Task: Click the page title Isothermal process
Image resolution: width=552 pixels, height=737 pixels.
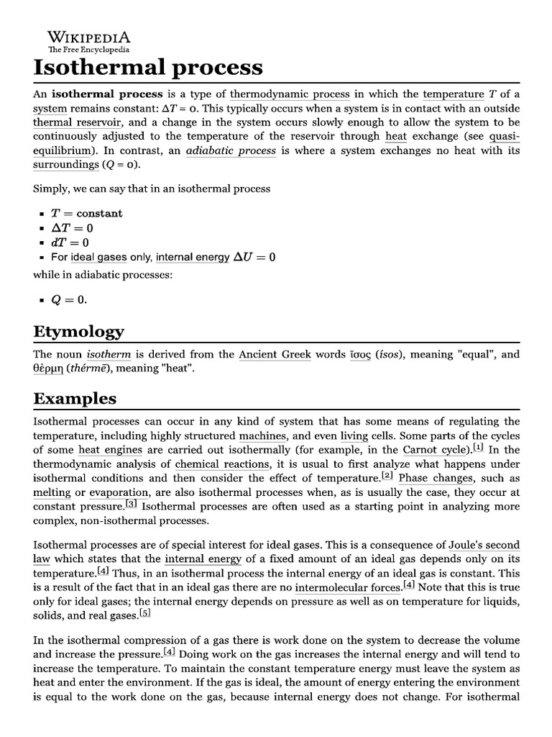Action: point(148,68)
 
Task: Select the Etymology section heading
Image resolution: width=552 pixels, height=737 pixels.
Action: point(78,331)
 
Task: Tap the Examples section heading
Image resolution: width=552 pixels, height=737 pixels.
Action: point(75,399)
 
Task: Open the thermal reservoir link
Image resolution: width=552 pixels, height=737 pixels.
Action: point(77,122)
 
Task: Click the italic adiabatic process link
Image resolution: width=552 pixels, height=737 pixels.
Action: point(231,150)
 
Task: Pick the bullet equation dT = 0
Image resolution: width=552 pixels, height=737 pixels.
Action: point(70,243)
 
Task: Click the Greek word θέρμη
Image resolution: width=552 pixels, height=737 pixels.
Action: point(50,369)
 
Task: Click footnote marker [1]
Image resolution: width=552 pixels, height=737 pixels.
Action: point(478,447)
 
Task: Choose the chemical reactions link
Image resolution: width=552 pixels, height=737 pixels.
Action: point(223,464)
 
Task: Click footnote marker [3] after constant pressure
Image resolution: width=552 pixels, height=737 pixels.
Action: point(132,504)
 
